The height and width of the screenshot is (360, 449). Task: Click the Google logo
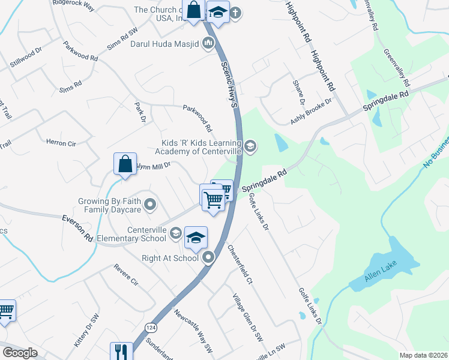(20, 353)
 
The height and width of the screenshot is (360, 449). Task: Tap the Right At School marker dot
(208, 258)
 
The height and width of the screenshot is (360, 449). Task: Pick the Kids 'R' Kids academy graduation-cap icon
(250, 145)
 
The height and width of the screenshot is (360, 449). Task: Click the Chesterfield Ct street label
(240, 259)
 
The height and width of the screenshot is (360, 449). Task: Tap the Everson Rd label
(77, 228)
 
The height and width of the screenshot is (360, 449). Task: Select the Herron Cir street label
(61, 143)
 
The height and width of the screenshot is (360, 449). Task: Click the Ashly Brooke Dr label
(311, 112)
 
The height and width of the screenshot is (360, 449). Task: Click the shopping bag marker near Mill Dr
(124, 164)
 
